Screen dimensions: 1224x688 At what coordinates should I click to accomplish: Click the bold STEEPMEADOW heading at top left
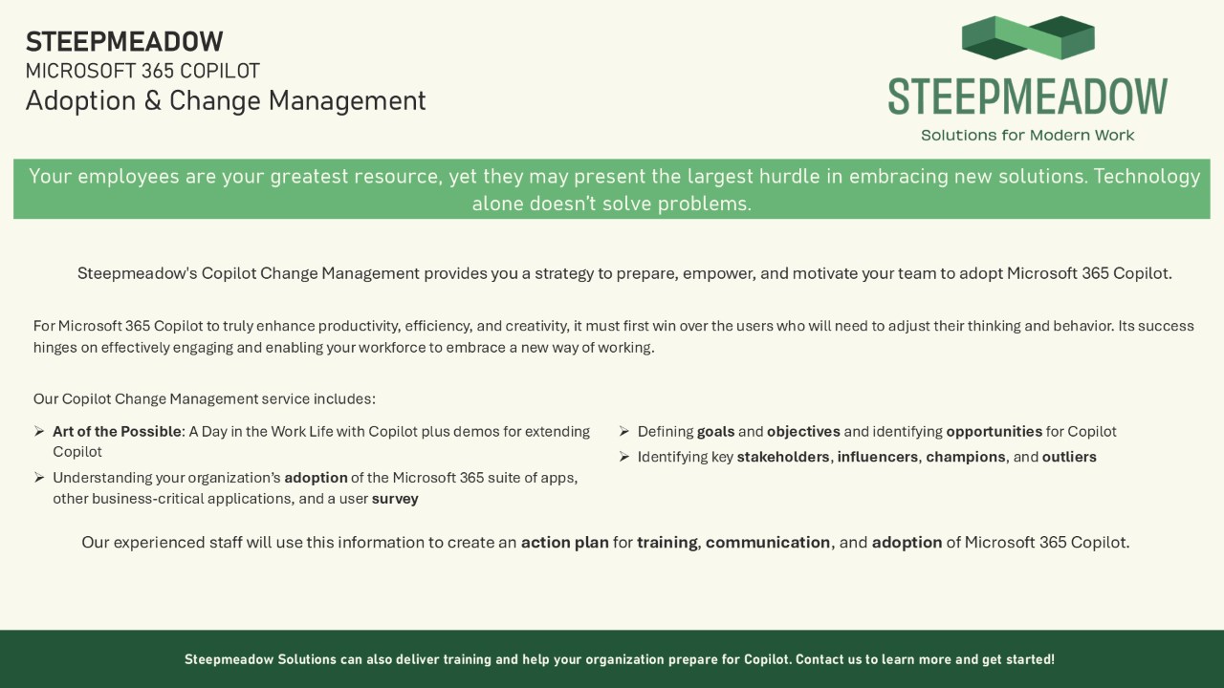tap(124, 41)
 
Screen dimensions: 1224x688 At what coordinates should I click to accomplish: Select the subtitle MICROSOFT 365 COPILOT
tap(142, 71)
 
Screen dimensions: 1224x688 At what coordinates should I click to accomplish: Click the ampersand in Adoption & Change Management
tap(152, 101)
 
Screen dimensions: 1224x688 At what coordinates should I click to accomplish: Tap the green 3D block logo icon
tap(1028, 37)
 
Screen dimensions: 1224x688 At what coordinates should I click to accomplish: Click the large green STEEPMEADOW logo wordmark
tap(1028, 97)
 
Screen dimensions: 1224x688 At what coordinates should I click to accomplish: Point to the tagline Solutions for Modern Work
tap(1027, 135)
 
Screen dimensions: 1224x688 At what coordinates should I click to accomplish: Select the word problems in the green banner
tap(705, 204)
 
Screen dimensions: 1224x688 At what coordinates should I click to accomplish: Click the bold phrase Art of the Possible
tap(117, 431)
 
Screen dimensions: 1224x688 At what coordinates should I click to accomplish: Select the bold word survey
tap(395, 499)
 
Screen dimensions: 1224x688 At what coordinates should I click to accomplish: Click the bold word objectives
tap(803, 431)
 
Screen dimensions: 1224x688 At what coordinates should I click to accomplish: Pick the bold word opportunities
tap(994, 431)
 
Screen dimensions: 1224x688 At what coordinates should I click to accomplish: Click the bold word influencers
tap(878, 457)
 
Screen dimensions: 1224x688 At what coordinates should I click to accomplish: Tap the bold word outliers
tap(1069, 457)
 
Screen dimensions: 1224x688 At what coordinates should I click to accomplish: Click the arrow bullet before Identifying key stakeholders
tap(624, 457)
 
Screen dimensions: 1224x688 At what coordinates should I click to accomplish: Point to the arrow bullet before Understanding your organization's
tap(39, 478)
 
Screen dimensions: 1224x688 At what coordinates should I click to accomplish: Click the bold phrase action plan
tap(564, 542)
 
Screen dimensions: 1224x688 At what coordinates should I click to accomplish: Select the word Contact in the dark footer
tap(816, 659)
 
